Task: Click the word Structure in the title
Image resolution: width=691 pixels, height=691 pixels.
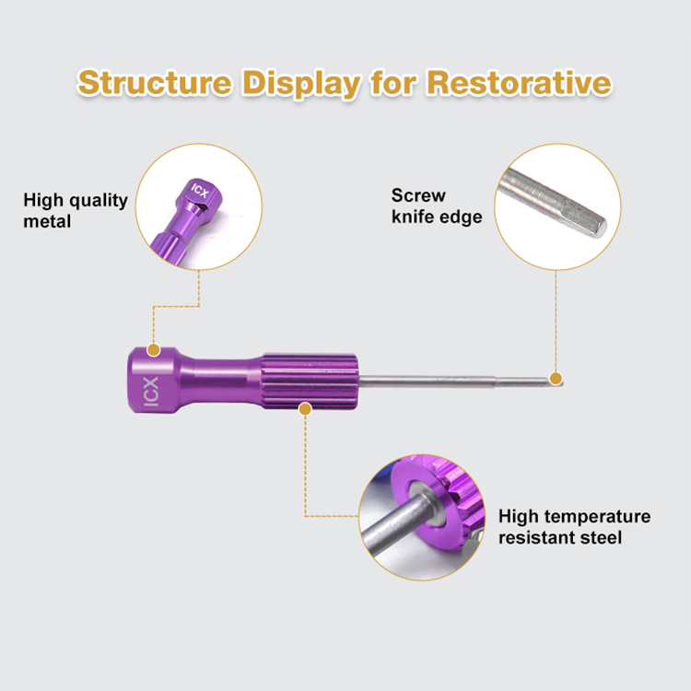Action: pos(154,82)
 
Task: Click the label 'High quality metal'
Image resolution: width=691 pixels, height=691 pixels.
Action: pos(76,210)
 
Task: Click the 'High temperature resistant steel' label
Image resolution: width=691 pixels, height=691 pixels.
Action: pos(574,526)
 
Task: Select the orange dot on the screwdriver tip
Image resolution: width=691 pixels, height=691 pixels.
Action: pos(556,378)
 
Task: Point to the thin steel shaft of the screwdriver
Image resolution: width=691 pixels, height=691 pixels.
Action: pos(442,379)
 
